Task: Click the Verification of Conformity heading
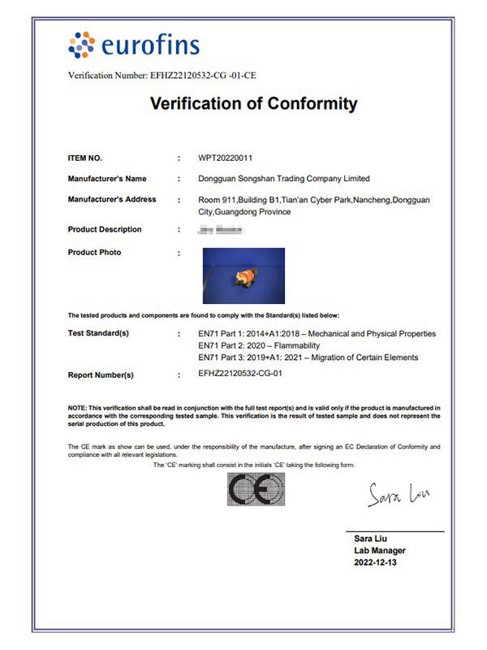254,103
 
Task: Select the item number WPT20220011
231,158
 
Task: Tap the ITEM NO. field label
85,158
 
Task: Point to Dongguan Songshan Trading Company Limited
284,178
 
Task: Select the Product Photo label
95,252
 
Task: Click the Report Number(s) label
101,375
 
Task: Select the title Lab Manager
380,551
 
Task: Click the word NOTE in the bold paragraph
78,406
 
